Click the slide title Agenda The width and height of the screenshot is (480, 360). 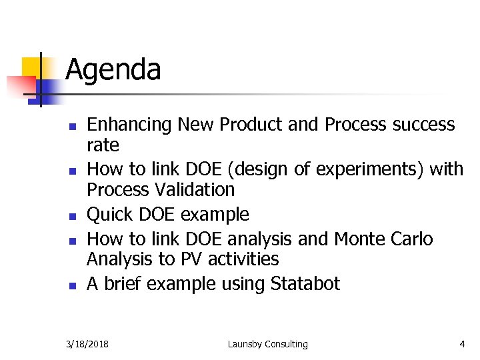[113, 70]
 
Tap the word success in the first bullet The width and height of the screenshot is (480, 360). [423, 125]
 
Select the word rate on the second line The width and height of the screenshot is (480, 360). [103, 145]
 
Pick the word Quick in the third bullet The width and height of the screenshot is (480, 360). [109, 215]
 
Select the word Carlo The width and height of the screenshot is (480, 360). [411, 239]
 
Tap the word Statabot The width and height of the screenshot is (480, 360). [305, 284]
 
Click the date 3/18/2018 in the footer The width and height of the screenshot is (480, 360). [88, 344]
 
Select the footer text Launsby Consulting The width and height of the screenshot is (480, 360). [267, 344]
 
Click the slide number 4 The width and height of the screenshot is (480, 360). [462, 344]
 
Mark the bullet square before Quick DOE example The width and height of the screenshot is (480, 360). [75, 216]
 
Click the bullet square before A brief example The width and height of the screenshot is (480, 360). [75, 285]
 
